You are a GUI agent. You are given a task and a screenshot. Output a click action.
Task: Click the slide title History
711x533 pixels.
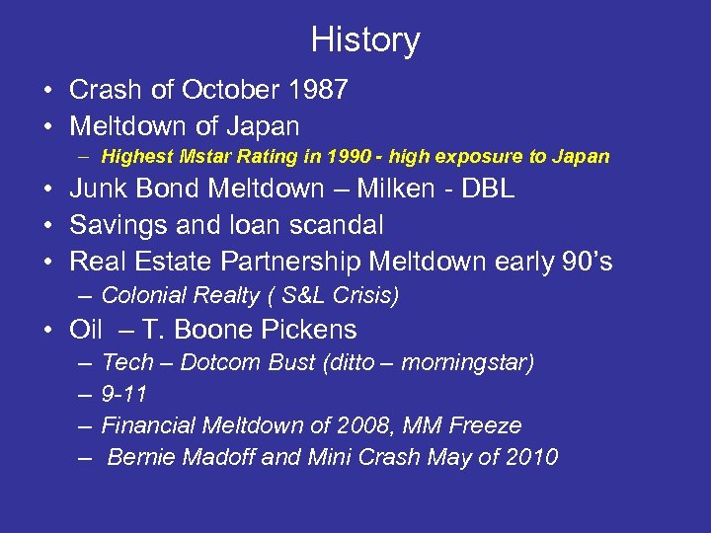coord(365,40)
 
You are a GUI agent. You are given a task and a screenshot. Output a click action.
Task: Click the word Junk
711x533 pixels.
coord(100,190)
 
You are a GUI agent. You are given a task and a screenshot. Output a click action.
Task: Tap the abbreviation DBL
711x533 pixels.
coord(491,190)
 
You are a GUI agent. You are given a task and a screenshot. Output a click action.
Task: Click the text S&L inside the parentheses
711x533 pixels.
coord(314,295)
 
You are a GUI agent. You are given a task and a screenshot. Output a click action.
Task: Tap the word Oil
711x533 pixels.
coord(87,329)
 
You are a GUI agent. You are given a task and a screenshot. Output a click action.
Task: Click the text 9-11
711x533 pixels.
coord(124,395)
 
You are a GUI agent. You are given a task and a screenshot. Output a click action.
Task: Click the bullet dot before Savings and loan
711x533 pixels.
coord(47,225)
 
